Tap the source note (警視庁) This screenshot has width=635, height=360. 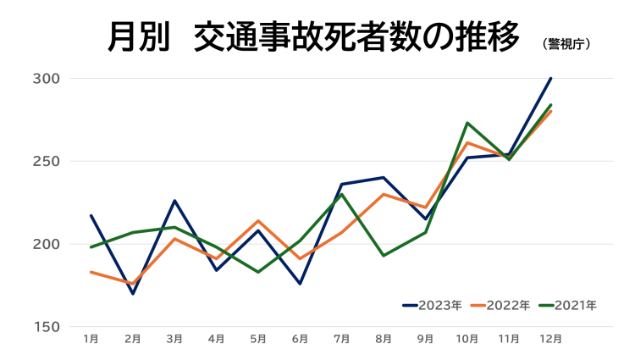[x=566, y=43]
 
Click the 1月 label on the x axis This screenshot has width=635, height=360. [x=91, y=339]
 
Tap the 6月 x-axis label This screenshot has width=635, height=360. [x=300, y=339]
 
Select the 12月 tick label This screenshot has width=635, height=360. [x=551, y=339]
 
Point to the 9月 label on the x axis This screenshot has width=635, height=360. [x=425, y=339]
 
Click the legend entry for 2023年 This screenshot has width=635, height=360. [x=432, y=305]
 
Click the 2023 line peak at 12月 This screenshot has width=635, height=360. [x=551, y=79]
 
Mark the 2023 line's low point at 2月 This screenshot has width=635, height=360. [x=133, y=294]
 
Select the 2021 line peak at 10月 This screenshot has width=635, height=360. [x=467, y=123]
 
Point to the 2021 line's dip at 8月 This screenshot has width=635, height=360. [x=384, y=256]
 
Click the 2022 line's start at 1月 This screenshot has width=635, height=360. [x=91, y=272]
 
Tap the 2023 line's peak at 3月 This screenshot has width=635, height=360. [x=174, y=201]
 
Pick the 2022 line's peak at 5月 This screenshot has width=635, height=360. [x=258, y=221]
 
